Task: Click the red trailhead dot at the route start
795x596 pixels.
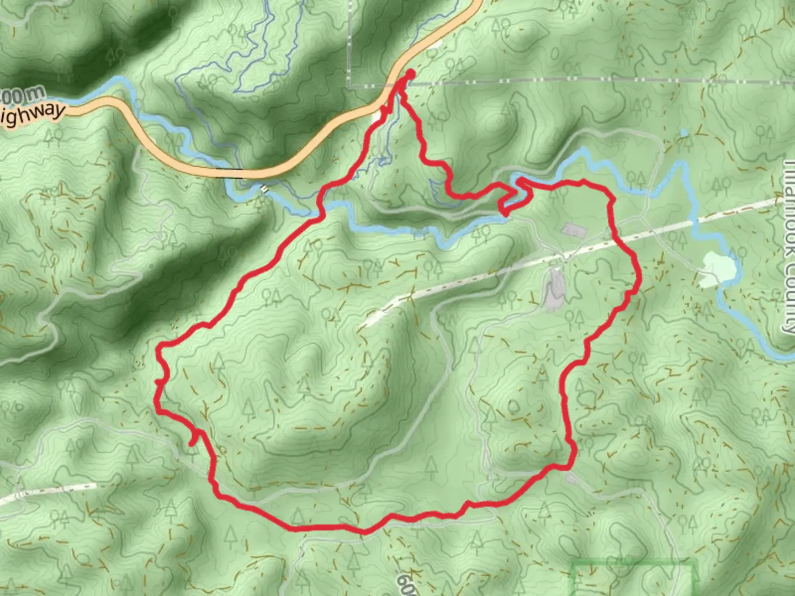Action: [410, 74]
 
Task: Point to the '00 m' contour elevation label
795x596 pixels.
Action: [21, 97]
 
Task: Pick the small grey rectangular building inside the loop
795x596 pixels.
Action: [569, 229]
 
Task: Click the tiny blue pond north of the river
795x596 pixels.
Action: [685, 133]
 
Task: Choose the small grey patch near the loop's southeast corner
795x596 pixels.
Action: [571, 478]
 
